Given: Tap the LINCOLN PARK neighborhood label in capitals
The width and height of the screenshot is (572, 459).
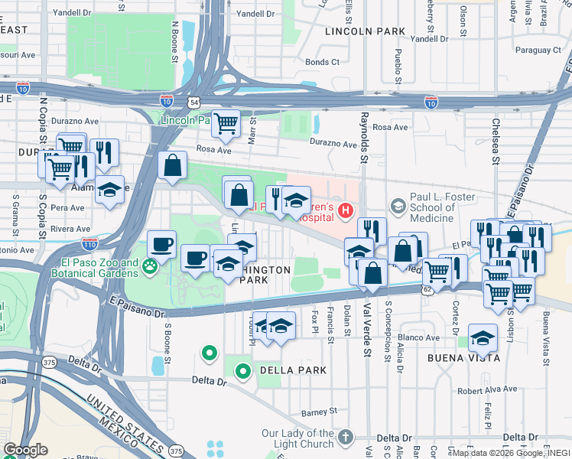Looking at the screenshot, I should tap(364, 31).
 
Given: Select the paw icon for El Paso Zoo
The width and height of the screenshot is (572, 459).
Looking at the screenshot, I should tap(151, 267).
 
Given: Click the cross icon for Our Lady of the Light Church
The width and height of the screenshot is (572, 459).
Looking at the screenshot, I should tap(346, 437).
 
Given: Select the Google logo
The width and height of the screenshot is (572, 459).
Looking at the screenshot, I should tap(25, 450).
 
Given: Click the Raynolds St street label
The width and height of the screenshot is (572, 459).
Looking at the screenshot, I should tap(365, 134).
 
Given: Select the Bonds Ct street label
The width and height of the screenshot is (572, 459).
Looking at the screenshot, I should tap(322, 62).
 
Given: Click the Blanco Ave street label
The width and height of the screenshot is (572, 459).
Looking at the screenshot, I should tap(418, 337).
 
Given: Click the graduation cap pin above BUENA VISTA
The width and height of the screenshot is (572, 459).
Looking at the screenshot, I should tap(483, 337).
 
